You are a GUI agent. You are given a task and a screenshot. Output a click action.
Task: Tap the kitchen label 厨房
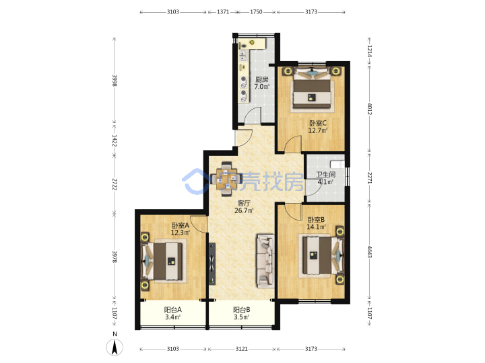tap(261, 79)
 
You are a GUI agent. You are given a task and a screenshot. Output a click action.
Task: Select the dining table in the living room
tap(226, 179)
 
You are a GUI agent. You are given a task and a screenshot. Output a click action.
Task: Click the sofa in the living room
tap(265, 261)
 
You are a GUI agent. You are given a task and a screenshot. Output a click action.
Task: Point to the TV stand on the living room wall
tap(212, 264)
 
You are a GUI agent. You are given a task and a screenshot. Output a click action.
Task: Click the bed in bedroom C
tap(313, 89)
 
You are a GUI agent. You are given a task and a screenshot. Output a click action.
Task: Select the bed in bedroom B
tap(323, 255)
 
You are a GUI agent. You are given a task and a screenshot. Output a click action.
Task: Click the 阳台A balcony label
tap(172, 310)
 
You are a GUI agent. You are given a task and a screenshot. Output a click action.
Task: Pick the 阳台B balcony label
tap(242, 310)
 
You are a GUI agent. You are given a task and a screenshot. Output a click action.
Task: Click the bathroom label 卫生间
tap(326, 174)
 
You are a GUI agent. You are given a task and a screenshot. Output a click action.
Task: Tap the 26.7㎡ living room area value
tap(244, 211)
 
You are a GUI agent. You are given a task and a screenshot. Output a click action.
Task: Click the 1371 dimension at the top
tap(223, 12)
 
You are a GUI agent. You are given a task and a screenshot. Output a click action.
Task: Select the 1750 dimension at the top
tap(256, 12)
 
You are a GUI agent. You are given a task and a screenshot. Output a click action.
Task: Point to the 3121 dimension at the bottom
tap(242, 349)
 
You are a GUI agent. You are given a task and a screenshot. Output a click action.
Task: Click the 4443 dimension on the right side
tap(369, 251)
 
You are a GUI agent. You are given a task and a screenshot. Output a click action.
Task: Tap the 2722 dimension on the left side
tap(115, 184)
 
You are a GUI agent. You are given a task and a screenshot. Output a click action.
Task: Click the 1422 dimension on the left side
tap(115, 140)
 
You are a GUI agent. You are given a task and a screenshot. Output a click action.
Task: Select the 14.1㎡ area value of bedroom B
tap(316, 227)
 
